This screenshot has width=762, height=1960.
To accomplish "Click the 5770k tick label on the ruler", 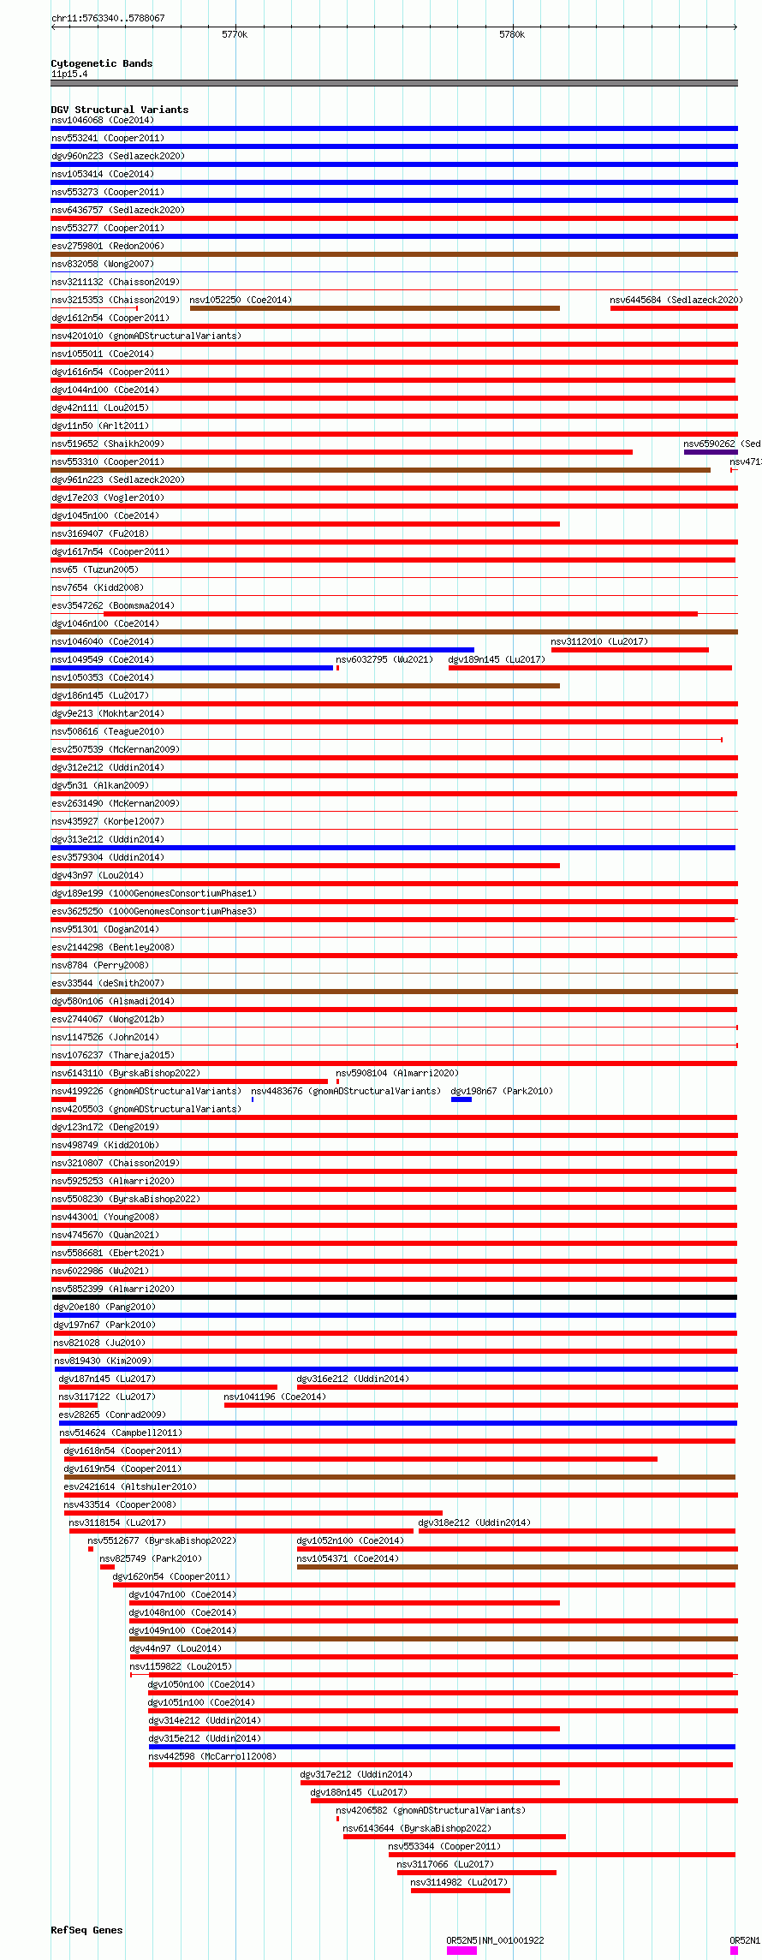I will (235, 34).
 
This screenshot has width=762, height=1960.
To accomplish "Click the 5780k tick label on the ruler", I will (512, 34).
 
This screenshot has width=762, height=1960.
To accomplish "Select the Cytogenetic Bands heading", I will (101, 63).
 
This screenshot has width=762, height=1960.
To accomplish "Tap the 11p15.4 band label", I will (69, 74).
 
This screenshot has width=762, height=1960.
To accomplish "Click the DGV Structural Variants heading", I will (119, 110).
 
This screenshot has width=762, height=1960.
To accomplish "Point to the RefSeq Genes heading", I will (86, 1930).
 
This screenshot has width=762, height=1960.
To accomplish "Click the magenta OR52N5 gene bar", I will (461, 1951).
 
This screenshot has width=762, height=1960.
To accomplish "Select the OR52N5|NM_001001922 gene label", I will (495, 1940).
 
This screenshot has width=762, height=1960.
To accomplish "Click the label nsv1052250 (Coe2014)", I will (241, 300).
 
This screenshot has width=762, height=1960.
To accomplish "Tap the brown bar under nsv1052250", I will (374, 308).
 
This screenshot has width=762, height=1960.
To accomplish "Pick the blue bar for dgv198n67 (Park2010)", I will (461, 1099).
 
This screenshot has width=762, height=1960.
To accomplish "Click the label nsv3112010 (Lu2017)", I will (599, 641).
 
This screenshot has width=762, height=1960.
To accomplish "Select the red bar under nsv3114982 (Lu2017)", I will (460, 1891).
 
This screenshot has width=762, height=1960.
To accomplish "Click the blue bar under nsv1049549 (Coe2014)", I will (192, 668).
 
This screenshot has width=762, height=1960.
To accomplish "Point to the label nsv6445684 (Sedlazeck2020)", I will (676, 300).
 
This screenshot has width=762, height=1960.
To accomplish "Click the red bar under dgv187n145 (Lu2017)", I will (168, 1387).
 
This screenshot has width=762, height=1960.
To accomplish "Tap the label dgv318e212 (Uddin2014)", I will (473, 1522).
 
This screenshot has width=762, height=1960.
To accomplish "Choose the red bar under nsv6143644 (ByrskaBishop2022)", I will (454, 1837).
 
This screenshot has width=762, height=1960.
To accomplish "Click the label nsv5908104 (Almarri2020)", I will (396, 1073).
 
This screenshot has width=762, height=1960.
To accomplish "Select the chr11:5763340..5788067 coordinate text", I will (108, 18).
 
